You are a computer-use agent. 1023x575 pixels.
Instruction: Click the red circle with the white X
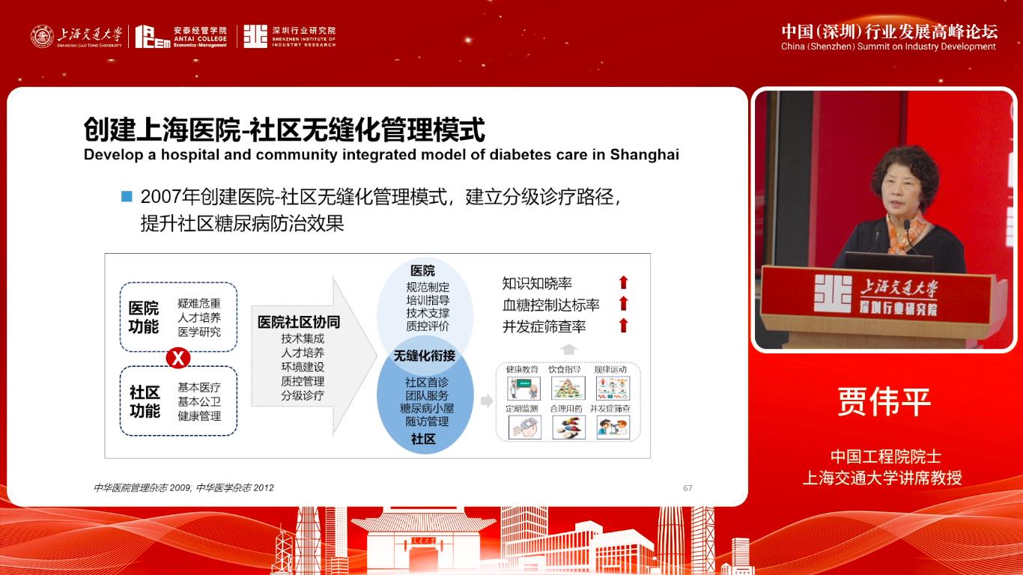coord(177,358)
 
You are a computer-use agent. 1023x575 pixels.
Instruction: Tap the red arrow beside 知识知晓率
coord(623,283)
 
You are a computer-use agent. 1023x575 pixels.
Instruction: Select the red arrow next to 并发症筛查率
coord(623,326)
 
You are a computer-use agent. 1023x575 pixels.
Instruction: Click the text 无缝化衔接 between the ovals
coord(425,356)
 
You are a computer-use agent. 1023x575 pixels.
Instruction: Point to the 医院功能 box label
coord(144,317)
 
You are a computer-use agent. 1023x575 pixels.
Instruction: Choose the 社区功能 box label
coord(145,402)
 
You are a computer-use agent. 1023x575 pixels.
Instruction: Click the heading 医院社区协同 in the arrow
coord(299,322)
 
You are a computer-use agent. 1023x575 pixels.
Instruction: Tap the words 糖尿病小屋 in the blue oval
coord(426,408)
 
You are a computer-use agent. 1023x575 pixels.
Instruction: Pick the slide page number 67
coord(687,488)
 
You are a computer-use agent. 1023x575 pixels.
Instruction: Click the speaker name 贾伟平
coord(883,402)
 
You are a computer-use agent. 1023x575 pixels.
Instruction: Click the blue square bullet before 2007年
coord(127,197)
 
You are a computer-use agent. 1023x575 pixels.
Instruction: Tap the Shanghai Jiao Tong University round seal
coord(42,36)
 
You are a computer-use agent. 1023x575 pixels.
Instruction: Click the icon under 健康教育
coord(523,388)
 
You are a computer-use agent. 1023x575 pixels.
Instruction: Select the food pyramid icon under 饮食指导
coord(568,388)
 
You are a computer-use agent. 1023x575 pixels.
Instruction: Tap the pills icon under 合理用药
coord(568,427)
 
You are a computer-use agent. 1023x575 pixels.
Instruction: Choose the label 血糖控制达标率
coord(550,305)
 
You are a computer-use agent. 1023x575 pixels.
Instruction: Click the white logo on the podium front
coord(833,293)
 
